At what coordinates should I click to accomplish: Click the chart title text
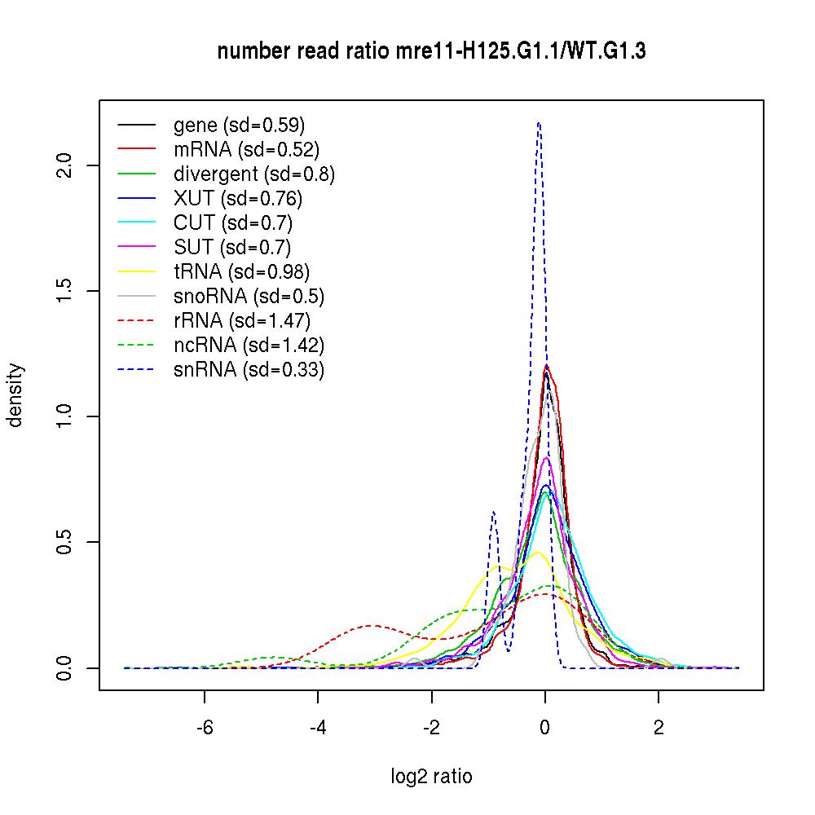click(432, 52)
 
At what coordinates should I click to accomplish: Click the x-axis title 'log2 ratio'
click(431, 777)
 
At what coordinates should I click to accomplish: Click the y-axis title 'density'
click(15, 395)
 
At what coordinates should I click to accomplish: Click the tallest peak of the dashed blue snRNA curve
click(539, 124)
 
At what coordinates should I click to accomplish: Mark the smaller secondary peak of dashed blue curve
click(493, 513)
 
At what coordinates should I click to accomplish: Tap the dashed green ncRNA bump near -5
click(273, 657)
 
